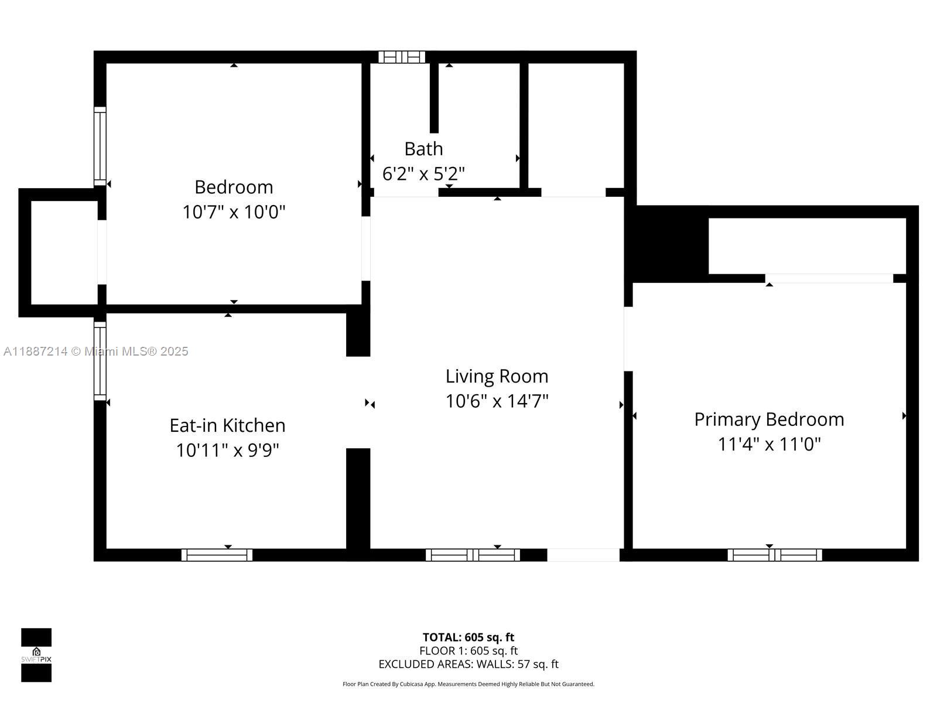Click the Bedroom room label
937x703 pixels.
234,187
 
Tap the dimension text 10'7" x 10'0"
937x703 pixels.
234,211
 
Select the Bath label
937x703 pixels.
423,149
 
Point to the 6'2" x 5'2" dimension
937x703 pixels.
423,174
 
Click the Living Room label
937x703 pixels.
497,376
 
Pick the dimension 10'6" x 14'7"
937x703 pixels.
497,401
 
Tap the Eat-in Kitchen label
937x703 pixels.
227,425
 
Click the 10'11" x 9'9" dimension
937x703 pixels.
227,451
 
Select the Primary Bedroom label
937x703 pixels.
769,419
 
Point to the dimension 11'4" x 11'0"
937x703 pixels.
769,444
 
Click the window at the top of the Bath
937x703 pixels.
402,57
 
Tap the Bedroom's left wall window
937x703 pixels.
100,146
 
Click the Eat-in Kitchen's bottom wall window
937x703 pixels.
217,555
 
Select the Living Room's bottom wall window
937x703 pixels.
473,555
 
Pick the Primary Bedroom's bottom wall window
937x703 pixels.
775,555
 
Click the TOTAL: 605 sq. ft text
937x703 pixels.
468,637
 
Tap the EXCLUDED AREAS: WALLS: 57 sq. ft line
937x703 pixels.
468,664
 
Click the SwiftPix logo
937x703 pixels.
36,655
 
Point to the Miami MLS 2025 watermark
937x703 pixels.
96,351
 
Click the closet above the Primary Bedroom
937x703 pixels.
807,245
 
